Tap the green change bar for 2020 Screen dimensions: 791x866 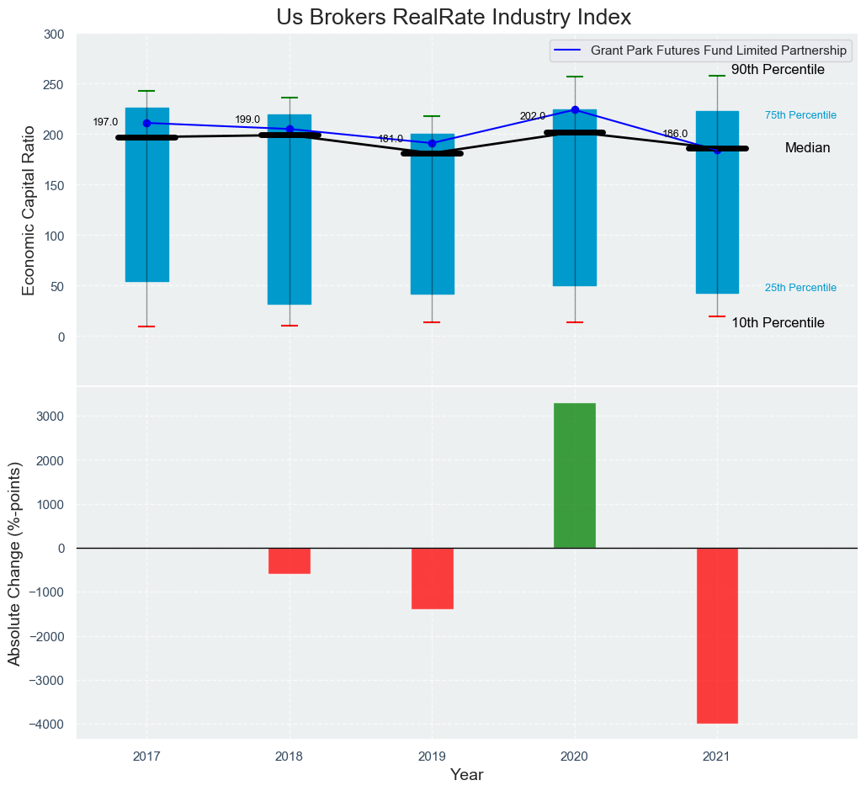click(575, 475)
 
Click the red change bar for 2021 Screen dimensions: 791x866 click(717, 635)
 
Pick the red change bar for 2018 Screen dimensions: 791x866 click(290, 561)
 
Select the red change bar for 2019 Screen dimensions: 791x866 click(433, 579)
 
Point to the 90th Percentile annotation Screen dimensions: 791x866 click(778, 70)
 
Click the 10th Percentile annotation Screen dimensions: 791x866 click(778, 323)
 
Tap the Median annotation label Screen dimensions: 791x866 click(807, 148)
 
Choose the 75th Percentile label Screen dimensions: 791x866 click(800, 115)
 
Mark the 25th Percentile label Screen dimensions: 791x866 click(800, 288)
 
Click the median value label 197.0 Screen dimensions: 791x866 click(105, 122)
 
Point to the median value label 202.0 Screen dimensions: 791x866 click(533, 116)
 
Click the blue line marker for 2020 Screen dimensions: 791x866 click(575, 109)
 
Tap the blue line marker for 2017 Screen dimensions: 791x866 click(147, 123)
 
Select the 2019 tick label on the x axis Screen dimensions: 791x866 click(432, 756)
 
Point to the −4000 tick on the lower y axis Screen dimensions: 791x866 click(47, 725)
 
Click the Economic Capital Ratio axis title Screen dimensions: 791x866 click(29, 210)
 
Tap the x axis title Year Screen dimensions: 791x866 click(466, 775)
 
